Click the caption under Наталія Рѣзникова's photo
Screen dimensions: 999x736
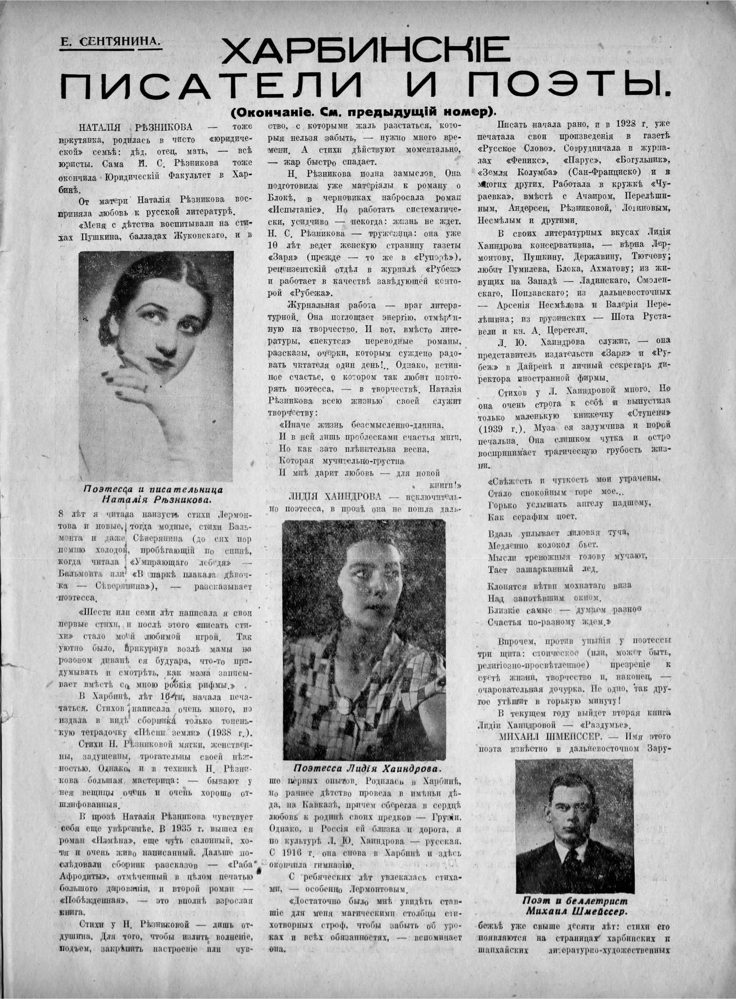click(156, 494)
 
